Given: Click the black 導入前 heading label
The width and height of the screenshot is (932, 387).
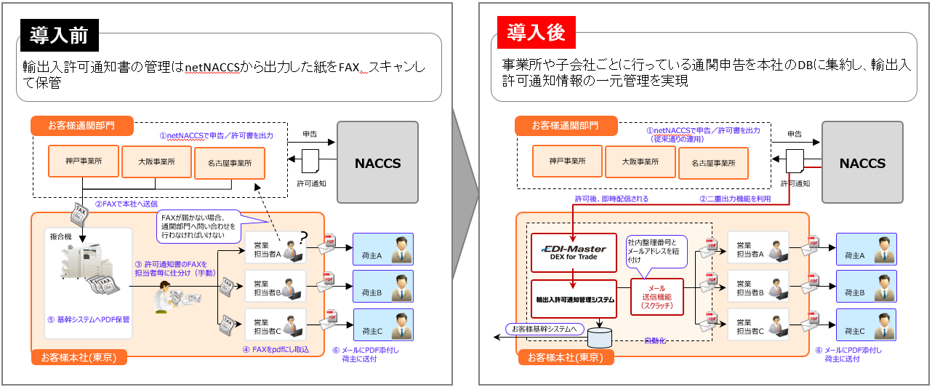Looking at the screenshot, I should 60,33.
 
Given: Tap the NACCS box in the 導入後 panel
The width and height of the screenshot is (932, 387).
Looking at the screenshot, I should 862,163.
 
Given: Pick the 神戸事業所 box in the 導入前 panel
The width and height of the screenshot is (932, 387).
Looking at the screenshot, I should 82,161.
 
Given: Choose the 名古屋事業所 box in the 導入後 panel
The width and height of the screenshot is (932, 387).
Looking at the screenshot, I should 715,161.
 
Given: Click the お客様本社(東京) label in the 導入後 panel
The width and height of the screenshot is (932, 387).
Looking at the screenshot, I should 566,357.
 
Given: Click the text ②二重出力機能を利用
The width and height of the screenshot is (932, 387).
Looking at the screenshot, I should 733,199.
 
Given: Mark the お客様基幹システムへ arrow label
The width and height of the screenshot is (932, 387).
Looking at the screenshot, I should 545,330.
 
